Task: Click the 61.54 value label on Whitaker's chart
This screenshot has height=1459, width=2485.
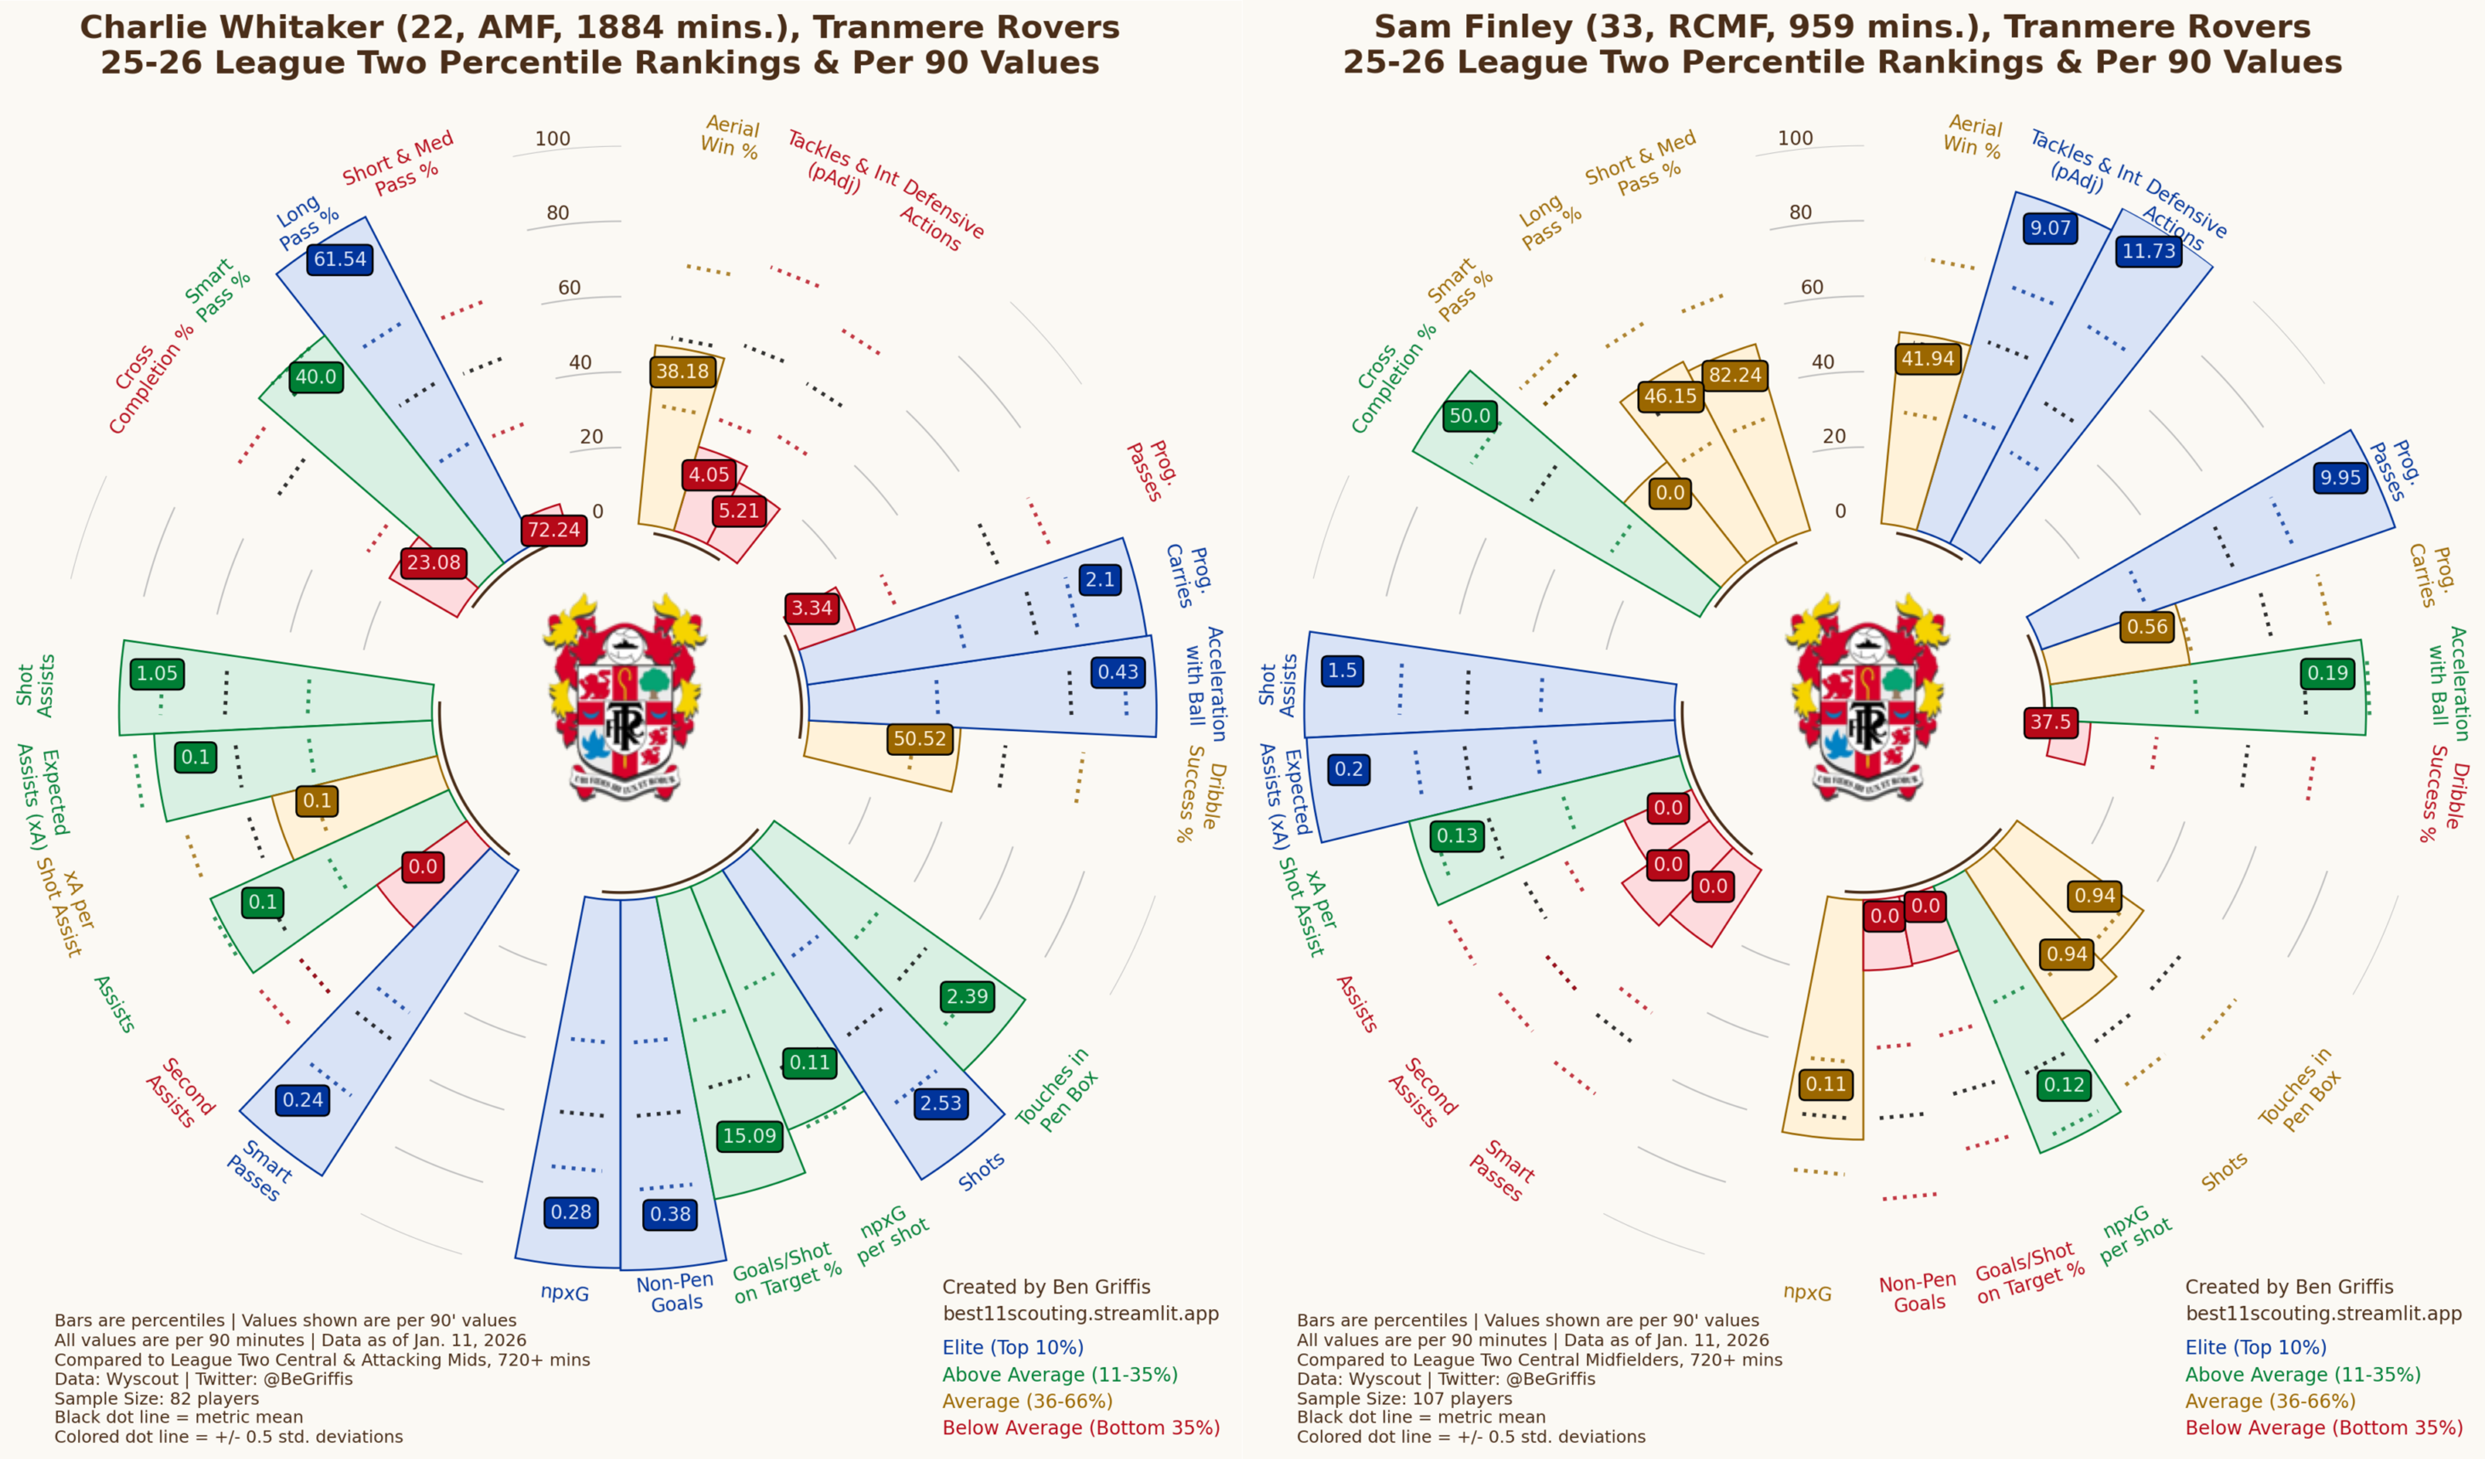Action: pos(340,259)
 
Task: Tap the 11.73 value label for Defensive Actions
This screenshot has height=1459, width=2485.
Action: pos(2149,251)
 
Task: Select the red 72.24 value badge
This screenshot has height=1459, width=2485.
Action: pos(554,530)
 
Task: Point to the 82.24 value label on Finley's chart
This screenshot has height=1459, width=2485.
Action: pos(1736,374)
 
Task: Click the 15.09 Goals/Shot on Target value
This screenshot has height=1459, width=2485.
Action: pos(749,1136)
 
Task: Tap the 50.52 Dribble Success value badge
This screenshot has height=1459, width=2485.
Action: pos(920,738)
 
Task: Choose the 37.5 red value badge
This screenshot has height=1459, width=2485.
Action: pos(2050,722)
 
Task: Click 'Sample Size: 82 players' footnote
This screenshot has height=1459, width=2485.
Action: pos(157,1398)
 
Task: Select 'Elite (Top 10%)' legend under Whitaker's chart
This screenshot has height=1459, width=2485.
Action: pos(1013,1348)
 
